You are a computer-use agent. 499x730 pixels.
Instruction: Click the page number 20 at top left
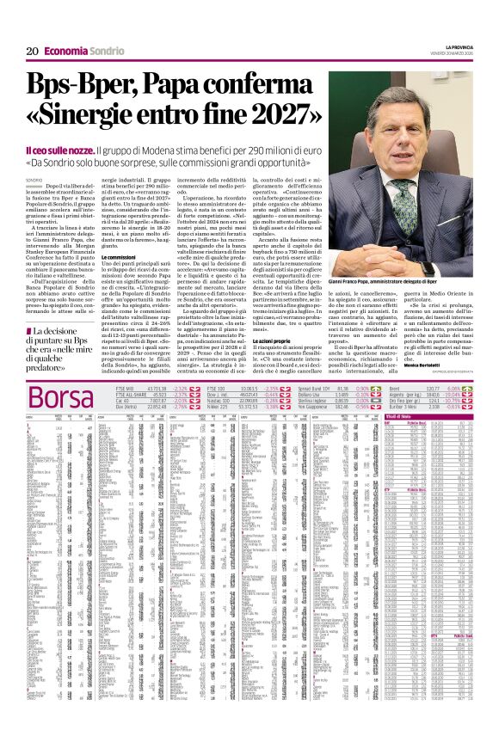click(x=31, y=51)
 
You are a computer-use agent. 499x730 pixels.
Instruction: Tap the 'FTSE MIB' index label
click(x=126, y=388)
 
